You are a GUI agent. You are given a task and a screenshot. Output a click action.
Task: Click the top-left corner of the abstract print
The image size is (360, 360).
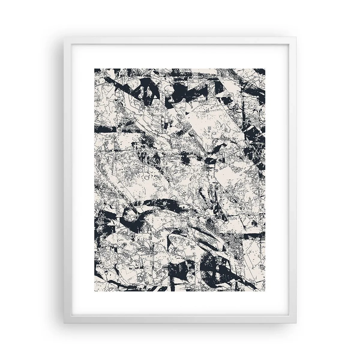point(95,68)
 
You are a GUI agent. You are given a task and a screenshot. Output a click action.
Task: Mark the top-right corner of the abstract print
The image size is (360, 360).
point(265,68)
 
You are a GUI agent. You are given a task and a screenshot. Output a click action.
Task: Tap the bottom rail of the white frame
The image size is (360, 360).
point(180,321)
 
